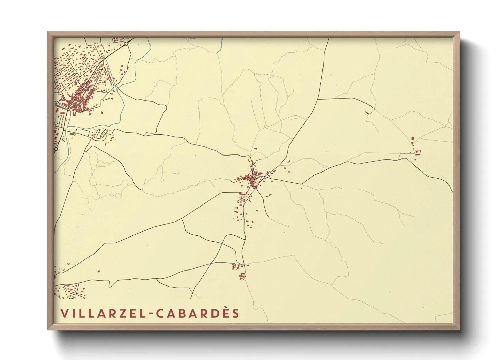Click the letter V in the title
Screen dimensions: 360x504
(64, 313)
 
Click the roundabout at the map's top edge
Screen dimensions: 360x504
(126, 44)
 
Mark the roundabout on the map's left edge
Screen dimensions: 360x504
(56, 149)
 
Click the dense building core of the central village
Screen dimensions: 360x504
(253, 178)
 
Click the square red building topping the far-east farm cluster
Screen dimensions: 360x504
(413, 138)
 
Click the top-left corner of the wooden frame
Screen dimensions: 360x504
(48, 32)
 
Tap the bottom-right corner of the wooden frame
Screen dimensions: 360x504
(459, 330)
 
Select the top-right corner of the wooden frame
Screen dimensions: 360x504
(459, 32)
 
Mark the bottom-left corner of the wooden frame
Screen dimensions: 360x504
(48, 330)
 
